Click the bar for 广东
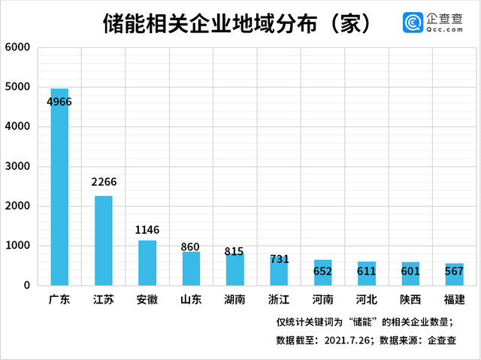59,188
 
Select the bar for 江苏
103,241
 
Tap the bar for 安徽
147,263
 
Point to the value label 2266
103,182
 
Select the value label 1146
147,230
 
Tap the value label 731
280,259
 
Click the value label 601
410,271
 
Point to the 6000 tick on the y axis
17,47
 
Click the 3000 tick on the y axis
17,166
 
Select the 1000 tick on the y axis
17,246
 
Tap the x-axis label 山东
191,300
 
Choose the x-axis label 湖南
235,300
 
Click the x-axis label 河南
322,300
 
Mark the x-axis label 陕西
410,300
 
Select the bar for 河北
367,274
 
